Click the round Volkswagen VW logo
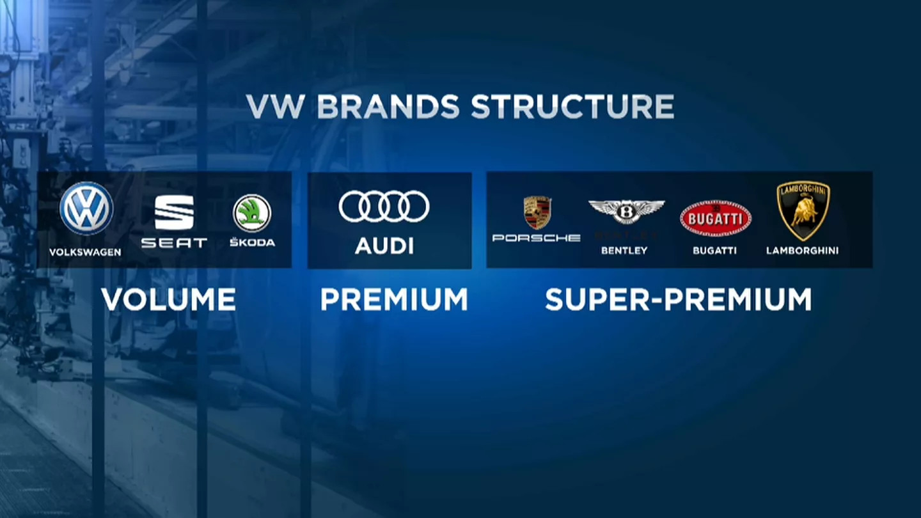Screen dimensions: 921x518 (x=86, y=208)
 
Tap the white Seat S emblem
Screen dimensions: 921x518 (x=175, y=212)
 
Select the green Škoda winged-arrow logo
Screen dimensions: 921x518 (x=252, y=214)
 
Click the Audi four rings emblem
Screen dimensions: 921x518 (x=384, y=206)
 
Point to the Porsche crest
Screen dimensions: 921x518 (x=537, y=213)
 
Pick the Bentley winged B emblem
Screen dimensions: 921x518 (x=626, y=212)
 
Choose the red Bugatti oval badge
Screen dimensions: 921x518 (x=716, y=219)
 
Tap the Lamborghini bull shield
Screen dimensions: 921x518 (x=803, y=211)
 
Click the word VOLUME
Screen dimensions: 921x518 (x=169, y=299)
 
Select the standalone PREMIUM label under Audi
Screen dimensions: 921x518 (x=394, y=299)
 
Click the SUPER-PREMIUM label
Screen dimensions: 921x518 (x=679, y=299)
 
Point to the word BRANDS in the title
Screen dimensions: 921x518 (x=388, y=106)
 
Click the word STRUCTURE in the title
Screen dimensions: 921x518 (x=572, y=106)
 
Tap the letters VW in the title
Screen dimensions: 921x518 (x=276, y=106)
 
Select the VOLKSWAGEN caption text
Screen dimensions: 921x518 (x=85, y=252)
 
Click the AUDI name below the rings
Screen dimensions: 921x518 (x=384, y=246)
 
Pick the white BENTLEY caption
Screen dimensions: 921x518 (x=624, y=251)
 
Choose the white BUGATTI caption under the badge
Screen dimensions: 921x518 (x=714, y=251)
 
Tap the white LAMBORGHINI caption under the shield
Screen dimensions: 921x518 (x=802, y=251)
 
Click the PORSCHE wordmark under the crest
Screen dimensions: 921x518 (x=537, y=238)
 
